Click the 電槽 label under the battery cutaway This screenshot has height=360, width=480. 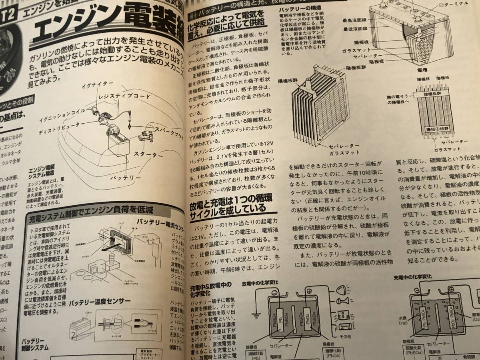[423, 69]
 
